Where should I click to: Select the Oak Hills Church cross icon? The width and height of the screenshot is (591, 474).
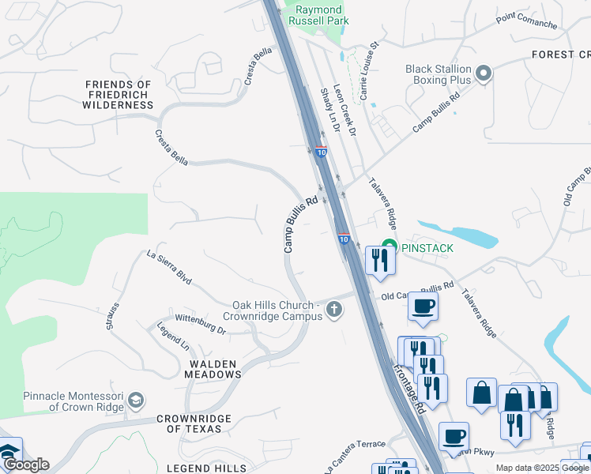(334, 309)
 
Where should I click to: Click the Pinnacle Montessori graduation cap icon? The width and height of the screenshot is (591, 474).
(136, 401)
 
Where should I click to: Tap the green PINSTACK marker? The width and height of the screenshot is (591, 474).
(389, 247)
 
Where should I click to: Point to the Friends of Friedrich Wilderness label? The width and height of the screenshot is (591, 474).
(118, 94)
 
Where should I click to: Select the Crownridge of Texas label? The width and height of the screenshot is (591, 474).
(194, 423)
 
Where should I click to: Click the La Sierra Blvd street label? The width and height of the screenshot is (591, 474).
(169, 267)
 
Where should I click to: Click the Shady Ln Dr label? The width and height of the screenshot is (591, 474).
(329, 110)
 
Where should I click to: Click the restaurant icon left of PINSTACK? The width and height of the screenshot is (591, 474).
(379, 260)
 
